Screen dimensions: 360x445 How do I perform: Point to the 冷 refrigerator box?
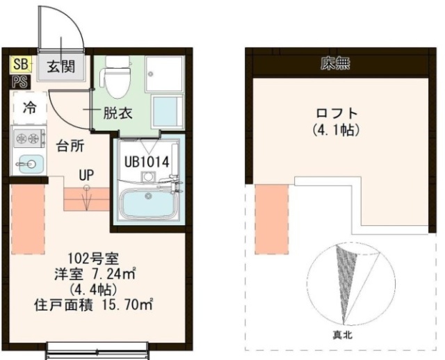[x=30, y=108]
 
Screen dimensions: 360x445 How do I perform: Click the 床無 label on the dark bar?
[x=335, y=66]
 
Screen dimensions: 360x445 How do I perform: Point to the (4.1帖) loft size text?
[x=335, y=129]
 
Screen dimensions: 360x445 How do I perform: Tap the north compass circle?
[x=341, y=284]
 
